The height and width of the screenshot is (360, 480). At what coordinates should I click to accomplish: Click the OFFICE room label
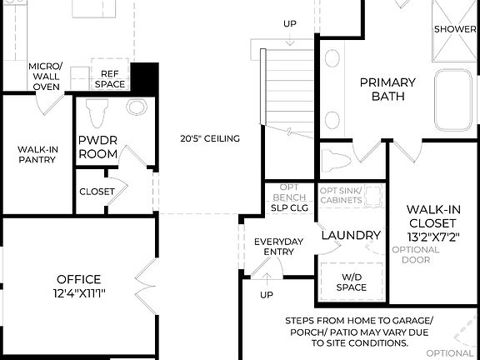point(79,279)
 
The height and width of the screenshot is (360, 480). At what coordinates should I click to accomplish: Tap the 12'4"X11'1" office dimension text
point(79,293)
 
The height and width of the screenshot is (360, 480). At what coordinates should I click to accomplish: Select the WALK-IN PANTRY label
point(37,155)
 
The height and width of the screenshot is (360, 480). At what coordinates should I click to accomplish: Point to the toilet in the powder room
point(97,110)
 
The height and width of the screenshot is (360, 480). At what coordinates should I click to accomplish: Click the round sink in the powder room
point(137,108)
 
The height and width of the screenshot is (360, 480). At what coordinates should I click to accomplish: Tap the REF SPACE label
point(109,78)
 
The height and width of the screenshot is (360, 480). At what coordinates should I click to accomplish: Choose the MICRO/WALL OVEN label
point(44,75)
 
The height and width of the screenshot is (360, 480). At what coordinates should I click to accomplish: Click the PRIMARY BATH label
point(387,89)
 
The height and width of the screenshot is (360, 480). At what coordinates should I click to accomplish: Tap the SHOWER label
point(455,29)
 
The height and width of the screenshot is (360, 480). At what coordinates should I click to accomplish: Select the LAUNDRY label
point(350,236)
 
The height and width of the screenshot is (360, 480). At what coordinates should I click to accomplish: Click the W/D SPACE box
point(351,282)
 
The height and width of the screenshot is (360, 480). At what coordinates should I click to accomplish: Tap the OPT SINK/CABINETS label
point(342,195)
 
